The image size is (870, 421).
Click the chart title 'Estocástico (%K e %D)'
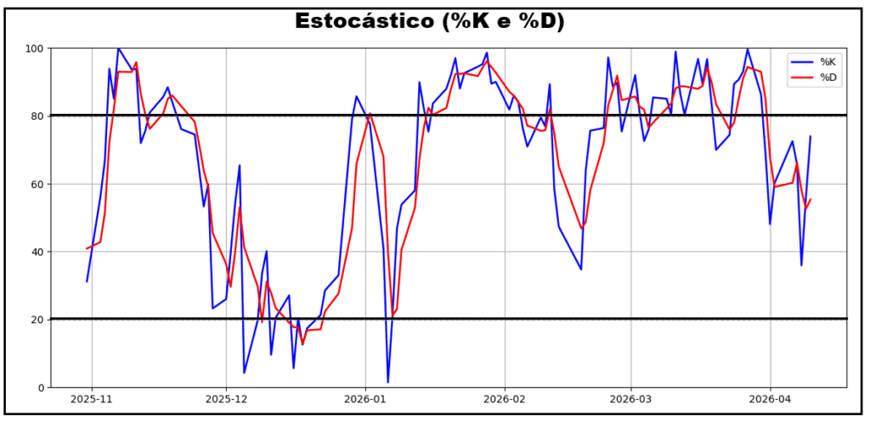430,21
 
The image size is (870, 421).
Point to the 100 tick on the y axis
35,48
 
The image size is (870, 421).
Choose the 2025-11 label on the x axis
91,398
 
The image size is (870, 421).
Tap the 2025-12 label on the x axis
227,398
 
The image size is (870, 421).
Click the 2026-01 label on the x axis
366,398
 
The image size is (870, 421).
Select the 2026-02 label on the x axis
506,398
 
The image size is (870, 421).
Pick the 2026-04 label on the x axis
770,398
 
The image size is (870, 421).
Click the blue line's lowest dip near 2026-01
388,383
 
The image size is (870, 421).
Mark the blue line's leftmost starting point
87,282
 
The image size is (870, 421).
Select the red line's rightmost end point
812,199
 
